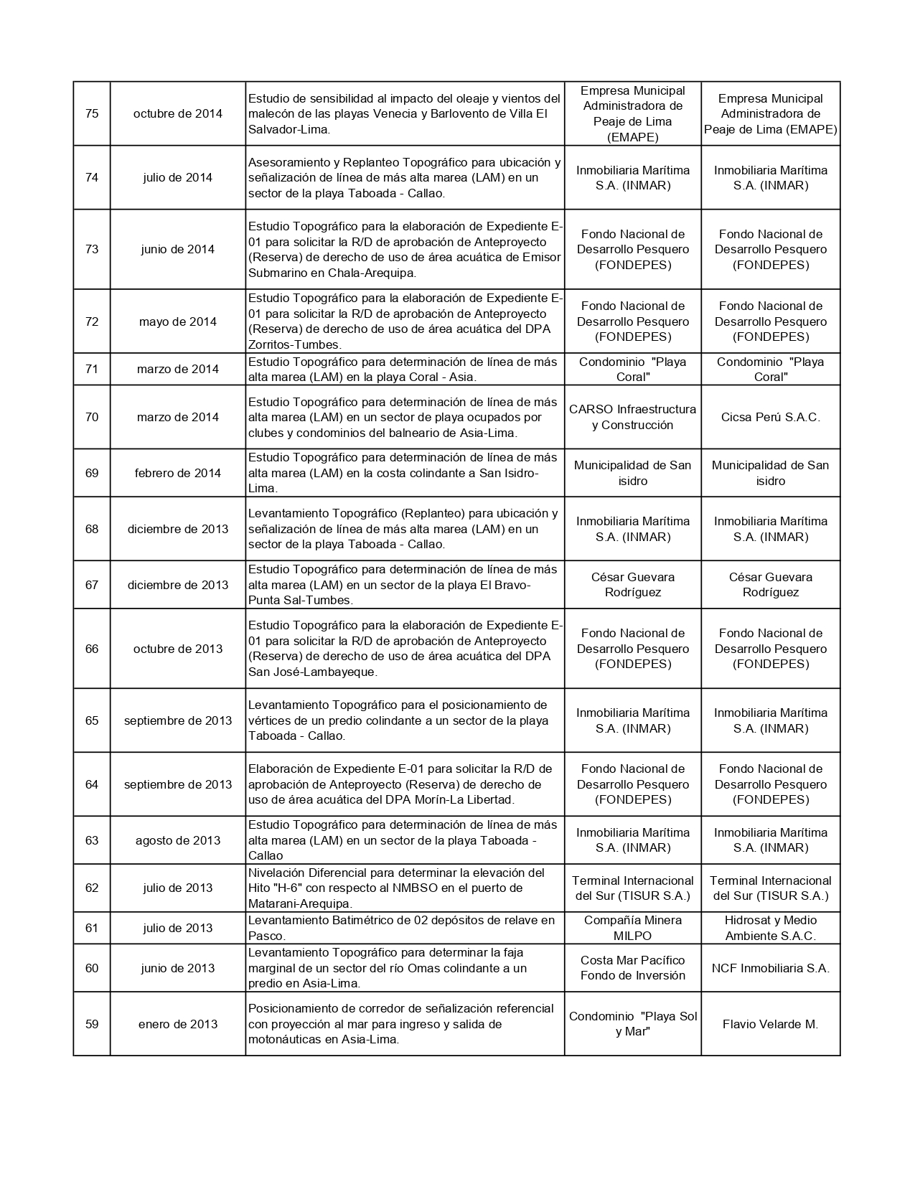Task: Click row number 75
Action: click(92, 113)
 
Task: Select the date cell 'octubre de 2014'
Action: click(178, 113)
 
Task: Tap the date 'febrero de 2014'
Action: click(178, 473)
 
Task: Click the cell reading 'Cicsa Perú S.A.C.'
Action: click(770, 417)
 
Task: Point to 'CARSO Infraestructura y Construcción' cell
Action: click(632, 417)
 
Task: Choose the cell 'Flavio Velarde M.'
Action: click(770, 1024)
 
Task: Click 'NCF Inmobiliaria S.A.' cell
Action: click(770, 968)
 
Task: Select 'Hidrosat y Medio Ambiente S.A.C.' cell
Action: click(770, 928)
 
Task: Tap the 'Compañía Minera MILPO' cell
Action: click(632, 928)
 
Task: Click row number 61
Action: click(92, 928)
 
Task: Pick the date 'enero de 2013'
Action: click(178, 1024)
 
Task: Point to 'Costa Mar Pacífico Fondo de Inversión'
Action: click(632, 968)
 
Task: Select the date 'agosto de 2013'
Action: click(178, 840)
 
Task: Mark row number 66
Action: click(92, 649)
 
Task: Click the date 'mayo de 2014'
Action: click(178, 321)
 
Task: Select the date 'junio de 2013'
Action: click(178, 968)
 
